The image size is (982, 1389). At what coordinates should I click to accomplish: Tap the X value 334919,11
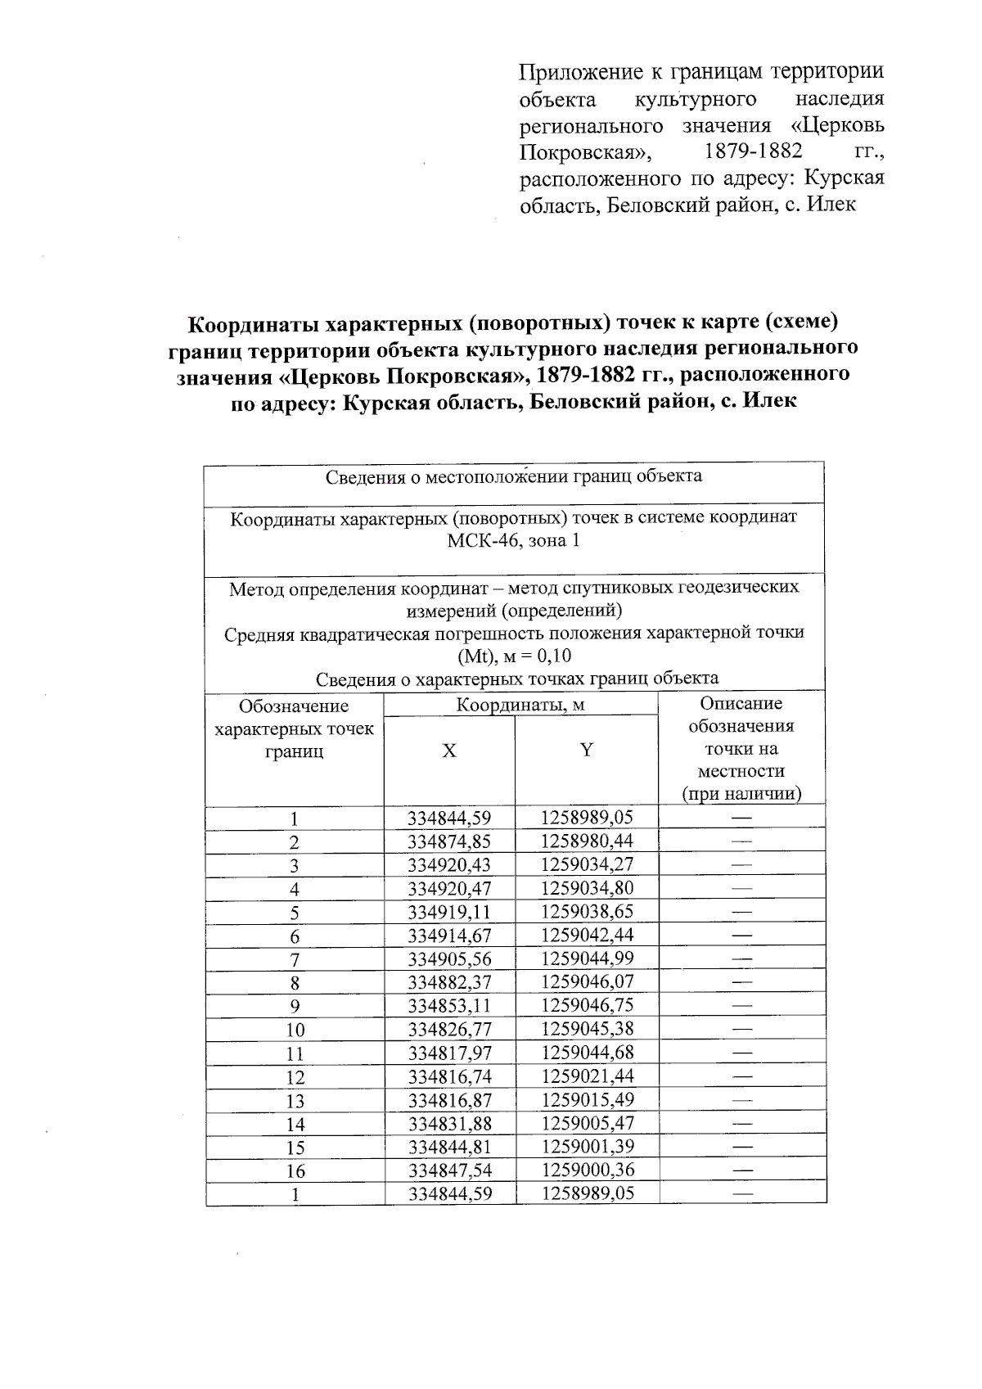tap(449, 912)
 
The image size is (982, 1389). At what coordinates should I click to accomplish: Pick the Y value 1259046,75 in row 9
tap(587, 1006)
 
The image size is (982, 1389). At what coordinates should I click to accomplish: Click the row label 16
tap(295, 1171)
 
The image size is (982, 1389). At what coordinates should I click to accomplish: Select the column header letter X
tap(449, 751)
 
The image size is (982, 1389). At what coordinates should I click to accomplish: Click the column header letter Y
tap(586, 750)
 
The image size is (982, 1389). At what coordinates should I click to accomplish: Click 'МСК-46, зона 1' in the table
tap(513, 541)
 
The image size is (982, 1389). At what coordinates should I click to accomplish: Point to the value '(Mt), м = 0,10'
tap(514, 656)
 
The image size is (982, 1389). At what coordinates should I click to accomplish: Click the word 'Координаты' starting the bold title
tap(254, 324)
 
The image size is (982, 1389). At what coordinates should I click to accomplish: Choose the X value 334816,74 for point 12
tap(449, 1076)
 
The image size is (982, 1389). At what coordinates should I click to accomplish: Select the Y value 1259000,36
tap(587, 1170)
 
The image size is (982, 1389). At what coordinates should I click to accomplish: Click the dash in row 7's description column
tap(741, 958)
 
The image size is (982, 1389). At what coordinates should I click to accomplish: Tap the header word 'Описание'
tap(741, 704)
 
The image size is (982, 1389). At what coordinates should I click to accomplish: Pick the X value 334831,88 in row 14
tap(449, 1124)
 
